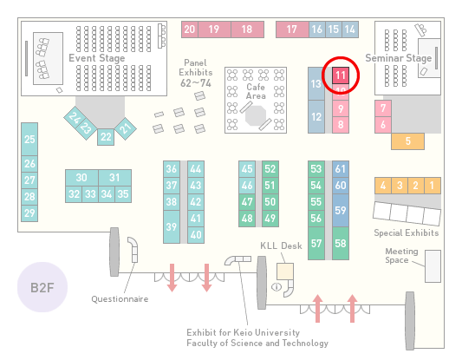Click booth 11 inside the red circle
[x=341, y=75]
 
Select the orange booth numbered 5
[x=407, y=141]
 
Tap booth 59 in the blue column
[x=341, y=210]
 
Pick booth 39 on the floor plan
[x=172, y=226]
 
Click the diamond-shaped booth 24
[x=75, y=118]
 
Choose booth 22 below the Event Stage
[x=106, y=137]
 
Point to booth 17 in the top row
[x=292, y=29]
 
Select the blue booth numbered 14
[x=350, y=29]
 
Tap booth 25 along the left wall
[x=29, y=139]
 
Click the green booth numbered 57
[x=316, y=243]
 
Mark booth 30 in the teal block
[x=81, y=178]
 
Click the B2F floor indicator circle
[x=42, y=287]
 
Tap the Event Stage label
[x=97, y=58]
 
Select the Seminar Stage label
[x=399, y=58]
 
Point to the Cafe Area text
[x=256, y=91]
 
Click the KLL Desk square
[x=285, y=272]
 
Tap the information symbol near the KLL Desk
[x=277, y=286]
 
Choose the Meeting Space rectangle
[x=433, y=266]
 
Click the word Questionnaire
[x=120, y=299]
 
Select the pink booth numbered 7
[x=383, y=108]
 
